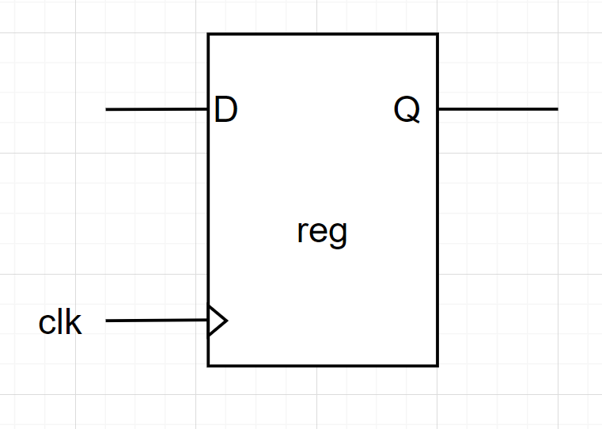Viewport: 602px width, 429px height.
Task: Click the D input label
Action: [x=225, y=110]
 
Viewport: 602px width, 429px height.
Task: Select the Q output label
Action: [x=407, y=110]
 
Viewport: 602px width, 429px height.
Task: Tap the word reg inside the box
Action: [x=322, y=233]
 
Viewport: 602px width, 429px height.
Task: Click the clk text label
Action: [x=60, y=322]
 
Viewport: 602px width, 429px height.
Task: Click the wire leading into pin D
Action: [x=157, y=109]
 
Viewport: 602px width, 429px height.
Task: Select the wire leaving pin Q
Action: [x=498, y=109]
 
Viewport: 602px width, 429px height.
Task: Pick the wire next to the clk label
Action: [x=157, y=321]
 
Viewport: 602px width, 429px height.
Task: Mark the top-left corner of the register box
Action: [x=209, y=35]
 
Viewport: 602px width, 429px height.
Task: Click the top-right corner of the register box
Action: [x=437, y=35]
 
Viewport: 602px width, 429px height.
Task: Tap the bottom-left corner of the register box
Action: [x=209, y=366]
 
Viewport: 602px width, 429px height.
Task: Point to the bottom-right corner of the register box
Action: [x=437, y=366]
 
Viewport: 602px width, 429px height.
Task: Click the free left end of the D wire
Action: [x=107, y=109]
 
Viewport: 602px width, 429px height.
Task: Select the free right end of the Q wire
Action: [x=557, y=109]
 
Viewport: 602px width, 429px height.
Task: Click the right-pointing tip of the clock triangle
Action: [x=227, y=321]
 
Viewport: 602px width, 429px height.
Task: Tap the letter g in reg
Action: [x=339, y=235]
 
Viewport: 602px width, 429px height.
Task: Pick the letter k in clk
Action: [x=74, y=322]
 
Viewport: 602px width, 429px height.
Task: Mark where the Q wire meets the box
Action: [x=437, y=109]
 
